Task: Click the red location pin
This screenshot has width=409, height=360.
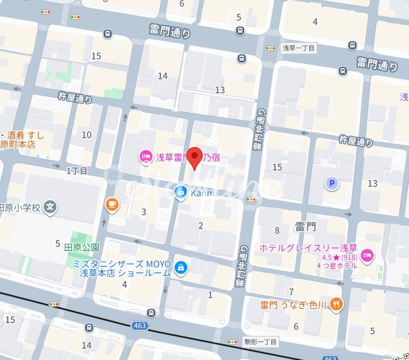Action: (195, 157)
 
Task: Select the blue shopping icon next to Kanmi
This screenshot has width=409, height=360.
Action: (180, 192)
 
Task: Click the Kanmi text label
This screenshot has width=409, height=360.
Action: (203, 193)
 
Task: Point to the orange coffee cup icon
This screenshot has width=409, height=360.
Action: (111, 204)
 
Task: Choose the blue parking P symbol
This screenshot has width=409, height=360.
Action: (333, 183)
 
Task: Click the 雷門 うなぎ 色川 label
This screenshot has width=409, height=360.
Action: (293, 305)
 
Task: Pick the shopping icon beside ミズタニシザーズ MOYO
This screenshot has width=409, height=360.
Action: (180, 267)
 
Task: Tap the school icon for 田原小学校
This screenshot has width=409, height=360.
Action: (50, 207)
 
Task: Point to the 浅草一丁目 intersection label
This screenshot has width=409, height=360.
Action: (298, 48)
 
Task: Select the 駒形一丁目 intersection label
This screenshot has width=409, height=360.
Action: (260, 342)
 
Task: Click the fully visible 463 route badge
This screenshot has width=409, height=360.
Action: (139, 325)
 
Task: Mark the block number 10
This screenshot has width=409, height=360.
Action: (87, 135)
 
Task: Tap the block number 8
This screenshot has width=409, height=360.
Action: (277, 230)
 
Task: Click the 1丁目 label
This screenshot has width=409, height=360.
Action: (77, 170)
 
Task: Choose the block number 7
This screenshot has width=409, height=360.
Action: (291, 292)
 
